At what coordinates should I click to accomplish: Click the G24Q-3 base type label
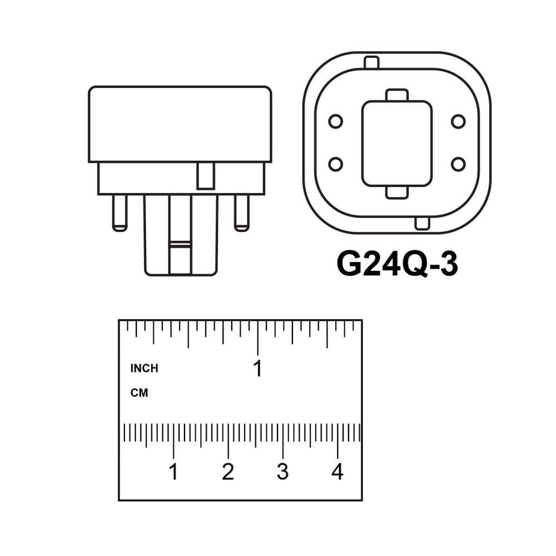tap(397, 264)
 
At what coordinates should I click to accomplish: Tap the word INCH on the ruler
tap(145, 369)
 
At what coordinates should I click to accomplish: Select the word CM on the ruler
tap(139, 393)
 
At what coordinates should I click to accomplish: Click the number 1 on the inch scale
tap(258, 368)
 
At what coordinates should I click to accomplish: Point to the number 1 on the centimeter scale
tap(173, 471)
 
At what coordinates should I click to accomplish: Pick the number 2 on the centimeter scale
tap(228, 471)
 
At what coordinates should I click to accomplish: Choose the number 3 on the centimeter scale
tap(282, 471)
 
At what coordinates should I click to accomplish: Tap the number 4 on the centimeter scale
tap(337, 471)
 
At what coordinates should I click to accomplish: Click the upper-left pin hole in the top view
tap(335, 121)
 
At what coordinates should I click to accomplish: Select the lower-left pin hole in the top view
tap(335, 164)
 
